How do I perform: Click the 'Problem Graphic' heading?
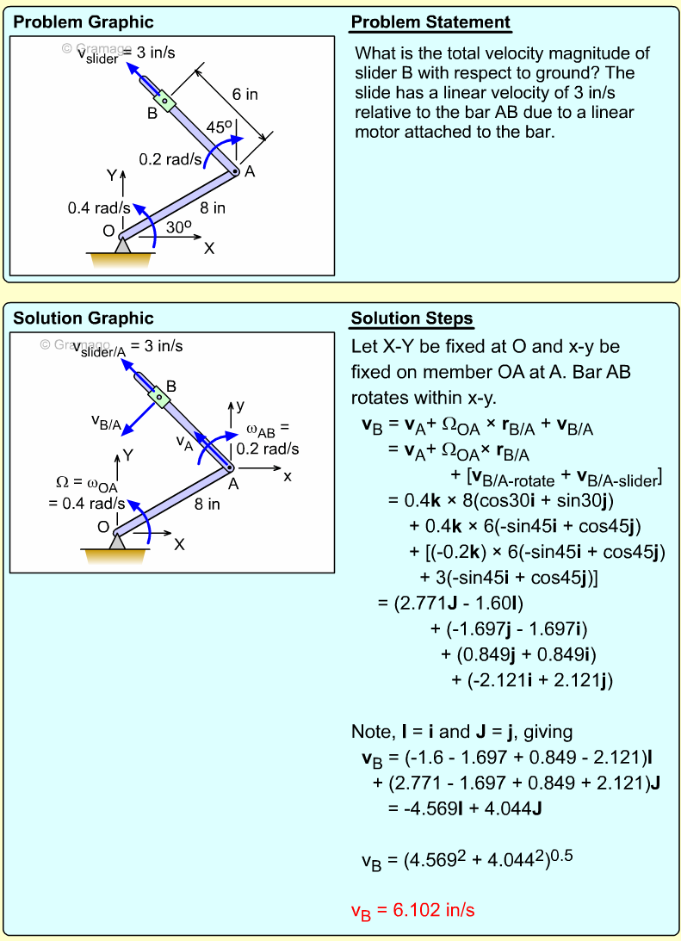84,22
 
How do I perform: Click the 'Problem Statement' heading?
430,22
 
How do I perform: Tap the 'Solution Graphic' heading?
84,319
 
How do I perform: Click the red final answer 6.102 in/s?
413,910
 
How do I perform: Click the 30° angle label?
178,227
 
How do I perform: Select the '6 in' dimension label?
245,95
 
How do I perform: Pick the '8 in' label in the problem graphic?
213,207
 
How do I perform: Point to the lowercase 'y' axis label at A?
241,404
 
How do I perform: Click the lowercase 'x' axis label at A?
288,475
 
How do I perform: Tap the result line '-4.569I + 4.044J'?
464,808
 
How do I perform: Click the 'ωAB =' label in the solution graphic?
268,429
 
